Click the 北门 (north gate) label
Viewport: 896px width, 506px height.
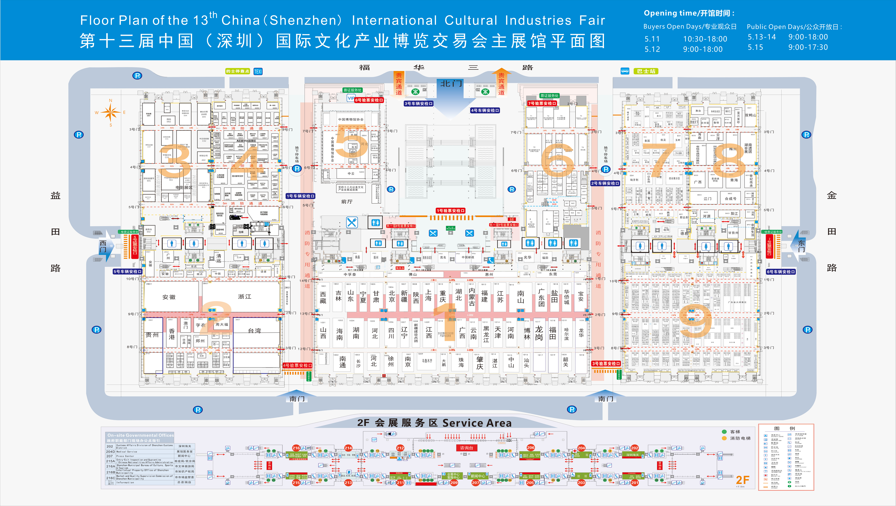tap(451, 83)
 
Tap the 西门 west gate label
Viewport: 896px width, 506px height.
tap(103, 246)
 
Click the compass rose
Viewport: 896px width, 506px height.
tap(111, 113)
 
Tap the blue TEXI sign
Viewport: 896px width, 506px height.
tap(258, 72)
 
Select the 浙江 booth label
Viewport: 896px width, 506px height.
tap(245, 296)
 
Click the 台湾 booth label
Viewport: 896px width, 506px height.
tap(255, 330)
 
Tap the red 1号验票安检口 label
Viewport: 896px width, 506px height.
tap(451, 211)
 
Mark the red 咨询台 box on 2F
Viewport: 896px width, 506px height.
tap(466, 448)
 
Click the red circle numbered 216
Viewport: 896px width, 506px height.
tap(296, 448)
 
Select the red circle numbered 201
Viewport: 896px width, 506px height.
tap(635, 483)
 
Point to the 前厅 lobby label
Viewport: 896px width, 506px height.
tap(347, 202)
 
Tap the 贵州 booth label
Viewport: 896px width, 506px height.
tap(152, 335)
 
